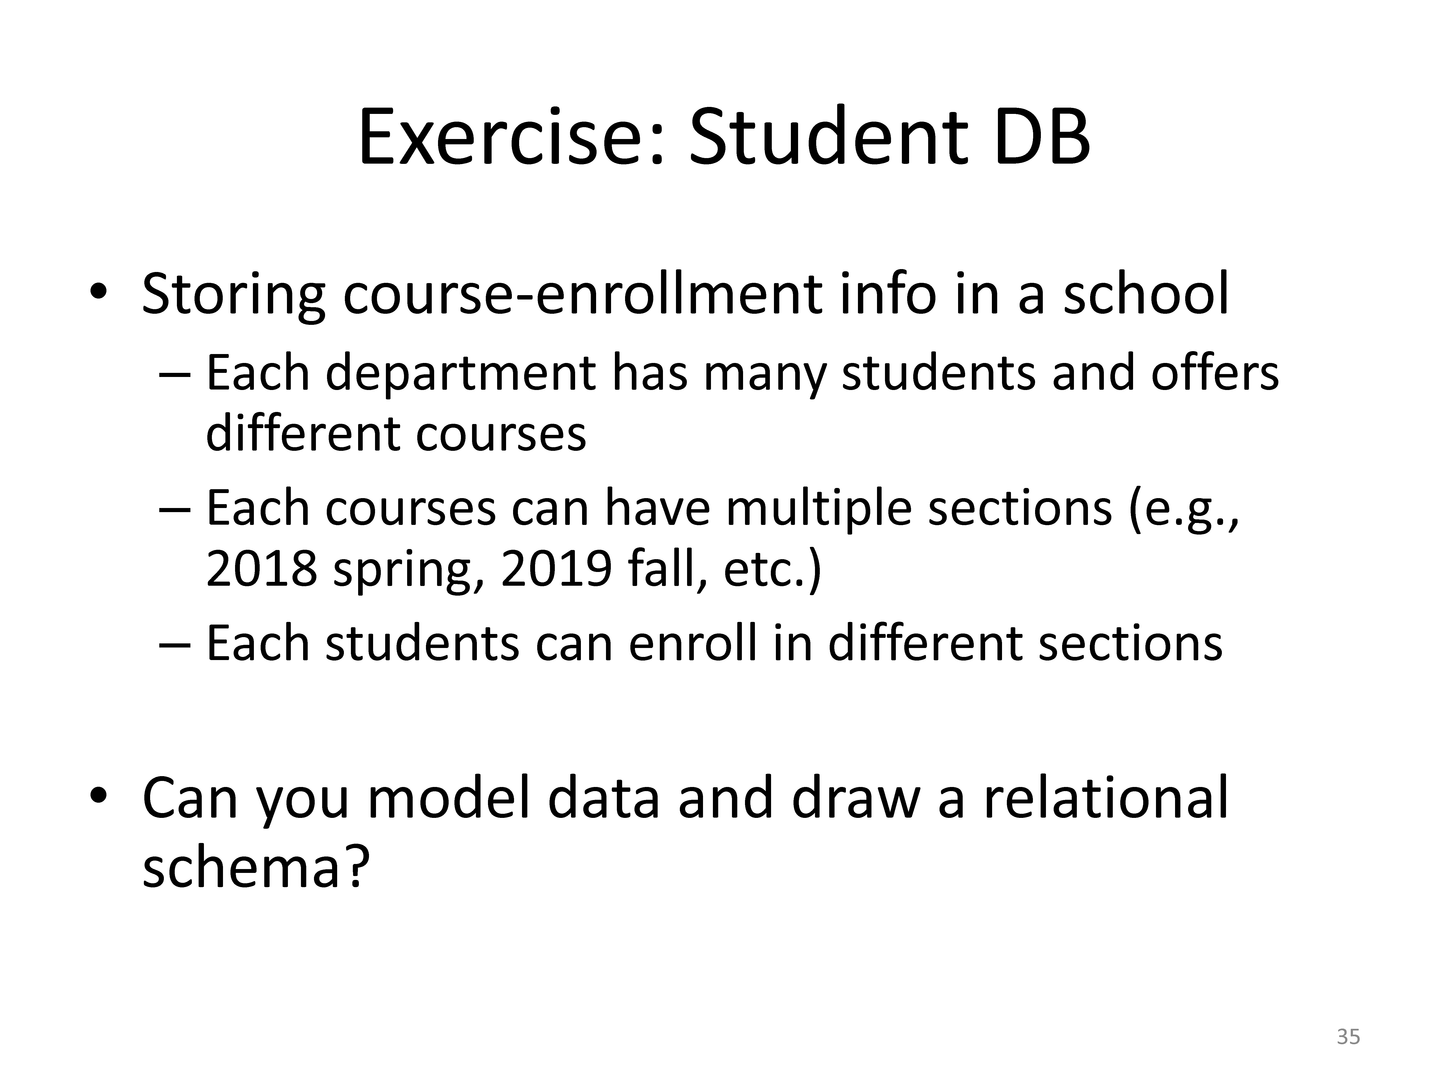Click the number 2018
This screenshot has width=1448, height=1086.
point(262,569)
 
